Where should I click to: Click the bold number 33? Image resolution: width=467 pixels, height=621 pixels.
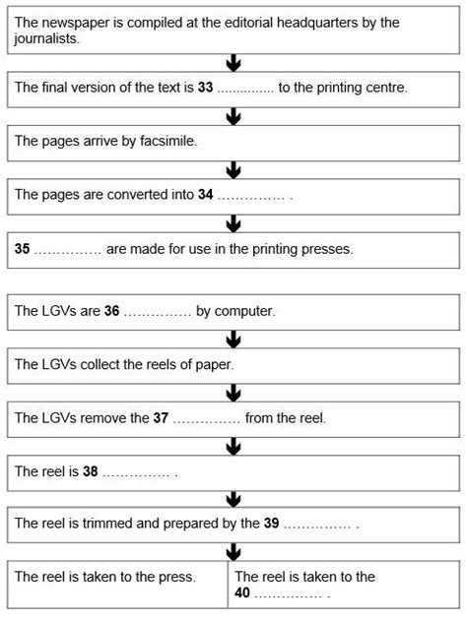(205, 88)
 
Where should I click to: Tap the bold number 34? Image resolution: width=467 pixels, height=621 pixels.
(205, 194)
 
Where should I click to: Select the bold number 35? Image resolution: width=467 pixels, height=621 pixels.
(23, 248)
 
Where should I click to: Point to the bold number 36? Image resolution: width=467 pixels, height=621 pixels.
(111, 311)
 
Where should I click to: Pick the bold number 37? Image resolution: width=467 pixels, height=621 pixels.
(161, 417)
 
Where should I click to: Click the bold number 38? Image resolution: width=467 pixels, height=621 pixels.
(91, 470)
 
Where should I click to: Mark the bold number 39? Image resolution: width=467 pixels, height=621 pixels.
(272, 523)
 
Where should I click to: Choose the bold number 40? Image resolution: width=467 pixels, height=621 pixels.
(242, 592)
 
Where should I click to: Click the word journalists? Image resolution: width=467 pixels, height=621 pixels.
(46, 39)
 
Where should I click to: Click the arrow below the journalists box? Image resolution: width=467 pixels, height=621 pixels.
(233, 63)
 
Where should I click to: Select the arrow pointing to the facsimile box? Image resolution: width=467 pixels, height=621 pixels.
(233, 116)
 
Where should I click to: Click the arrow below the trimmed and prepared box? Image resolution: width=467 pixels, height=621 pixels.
(233, 552)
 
